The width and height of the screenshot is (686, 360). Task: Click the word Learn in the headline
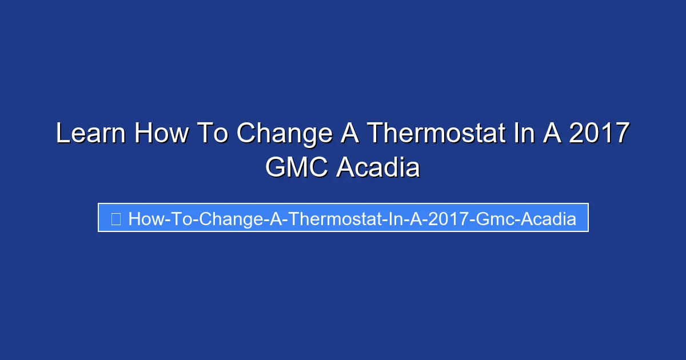click(x=90, y=134)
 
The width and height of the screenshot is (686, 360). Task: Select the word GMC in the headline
click(x=296, y=168)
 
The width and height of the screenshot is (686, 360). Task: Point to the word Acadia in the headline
click(x=378, y=168)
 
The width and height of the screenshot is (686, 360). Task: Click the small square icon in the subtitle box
click(x=115, y=218)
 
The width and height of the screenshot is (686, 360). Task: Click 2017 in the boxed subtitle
click(x=444, y=218)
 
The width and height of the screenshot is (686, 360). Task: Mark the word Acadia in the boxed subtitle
click(x=549, y=218)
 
